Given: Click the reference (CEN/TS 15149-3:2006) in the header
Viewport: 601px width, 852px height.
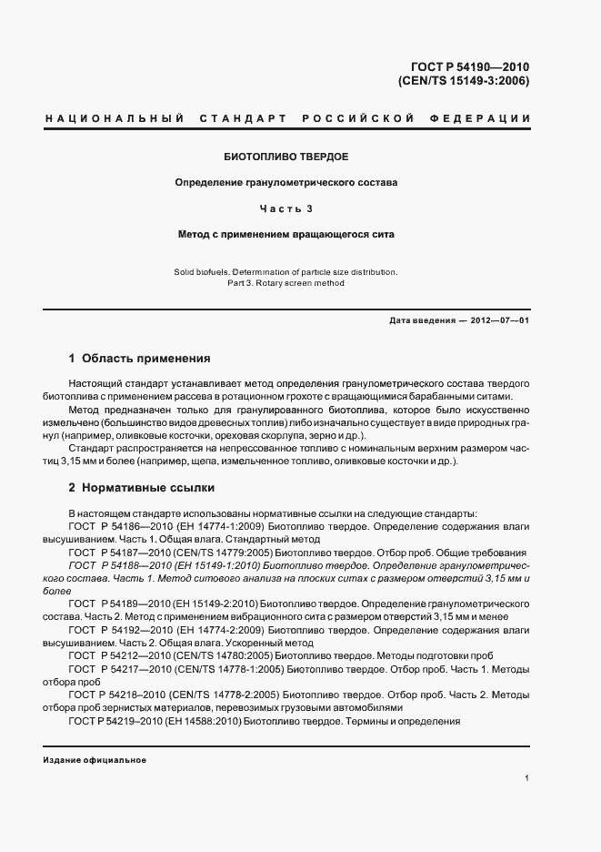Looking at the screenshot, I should pos(464,80).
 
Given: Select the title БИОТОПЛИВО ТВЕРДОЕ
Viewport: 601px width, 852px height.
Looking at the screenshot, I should pos(286,157).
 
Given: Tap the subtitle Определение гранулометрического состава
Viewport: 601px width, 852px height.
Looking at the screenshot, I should pos(286,182).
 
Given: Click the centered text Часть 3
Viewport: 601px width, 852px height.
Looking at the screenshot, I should pos(286,208).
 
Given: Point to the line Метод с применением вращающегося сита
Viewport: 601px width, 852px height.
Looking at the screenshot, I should pos(286,234).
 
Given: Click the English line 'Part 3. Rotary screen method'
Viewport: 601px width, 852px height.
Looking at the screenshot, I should pos(286,283).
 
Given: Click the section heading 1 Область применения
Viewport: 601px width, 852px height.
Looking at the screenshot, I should pos(140,359).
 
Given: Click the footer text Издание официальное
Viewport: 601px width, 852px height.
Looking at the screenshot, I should pos(95,760).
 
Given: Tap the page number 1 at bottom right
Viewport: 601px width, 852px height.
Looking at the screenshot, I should pos(527,778).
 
